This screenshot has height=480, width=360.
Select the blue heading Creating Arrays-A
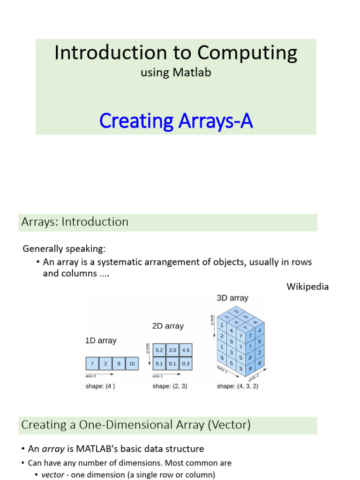click(176, 121)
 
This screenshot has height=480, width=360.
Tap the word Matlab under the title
click(192, 72)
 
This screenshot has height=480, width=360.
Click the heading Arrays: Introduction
click(75, 222)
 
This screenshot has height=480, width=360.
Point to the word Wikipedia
click(307, 286)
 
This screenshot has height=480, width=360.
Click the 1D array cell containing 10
click(132, 364)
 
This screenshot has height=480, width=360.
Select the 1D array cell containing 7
click(92, 364)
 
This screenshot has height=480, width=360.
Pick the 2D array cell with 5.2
click(159, 350)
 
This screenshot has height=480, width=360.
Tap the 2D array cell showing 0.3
click(186, 364)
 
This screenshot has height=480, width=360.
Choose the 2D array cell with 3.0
click(172, 350)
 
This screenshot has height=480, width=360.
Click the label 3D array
click(232, 298)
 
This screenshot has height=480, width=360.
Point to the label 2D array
click(168, 326)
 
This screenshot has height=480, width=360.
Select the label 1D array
click(101, 341)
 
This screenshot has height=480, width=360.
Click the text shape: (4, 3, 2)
click(238, 386)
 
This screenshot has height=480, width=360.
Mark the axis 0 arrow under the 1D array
click(99, 374)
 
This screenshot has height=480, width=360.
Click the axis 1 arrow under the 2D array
click(166, 374)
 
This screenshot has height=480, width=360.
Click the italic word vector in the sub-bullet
click(52, 475)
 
